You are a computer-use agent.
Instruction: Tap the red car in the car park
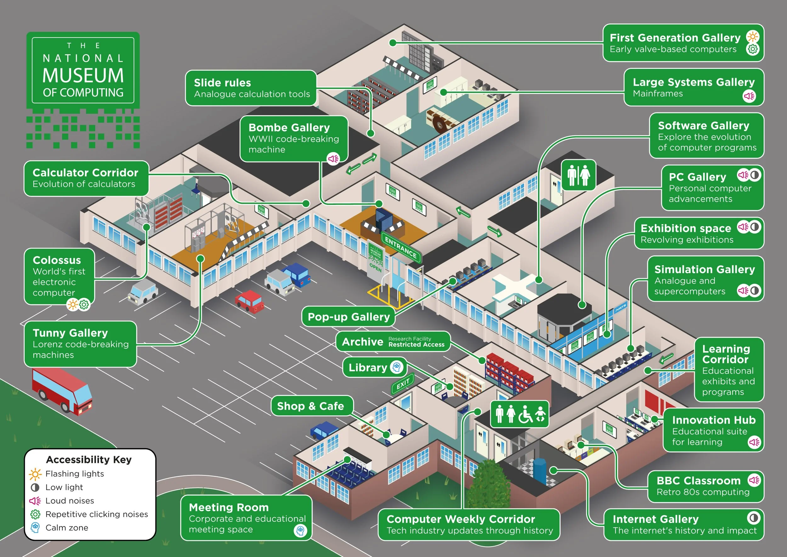tap(249, 301)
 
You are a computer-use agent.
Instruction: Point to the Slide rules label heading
tap(222, 83)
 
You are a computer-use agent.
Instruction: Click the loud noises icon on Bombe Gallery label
tap(333, 159)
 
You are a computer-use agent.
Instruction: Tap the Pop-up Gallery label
tap(348, 317)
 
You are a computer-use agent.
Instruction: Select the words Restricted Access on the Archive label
tap(416, 345)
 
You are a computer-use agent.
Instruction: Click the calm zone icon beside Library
tap(397, 367)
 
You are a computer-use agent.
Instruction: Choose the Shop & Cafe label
tap(310, 406)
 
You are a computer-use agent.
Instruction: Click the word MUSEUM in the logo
tap(83, 76)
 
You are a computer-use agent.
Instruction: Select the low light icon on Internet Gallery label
tap(753, 518)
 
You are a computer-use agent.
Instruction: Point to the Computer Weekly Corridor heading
tap(460, 519)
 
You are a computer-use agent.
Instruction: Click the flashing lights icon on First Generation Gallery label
tap(753, 37)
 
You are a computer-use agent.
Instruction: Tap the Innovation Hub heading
tap(714, 420)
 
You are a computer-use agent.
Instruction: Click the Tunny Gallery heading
tap(70, 333)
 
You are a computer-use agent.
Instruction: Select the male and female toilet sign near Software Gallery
tap(578, 175)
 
